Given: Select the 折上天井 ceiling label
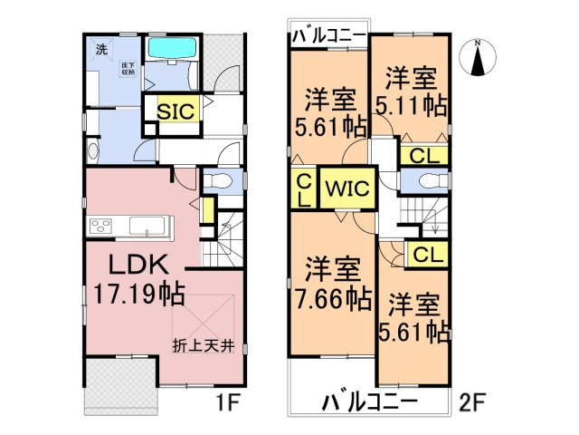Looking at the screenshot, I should pos(204,344).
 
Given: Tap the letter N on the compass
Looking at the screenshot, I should pos(479,43).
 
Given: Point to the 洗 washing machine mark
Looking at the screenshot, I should pos(101,49).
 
